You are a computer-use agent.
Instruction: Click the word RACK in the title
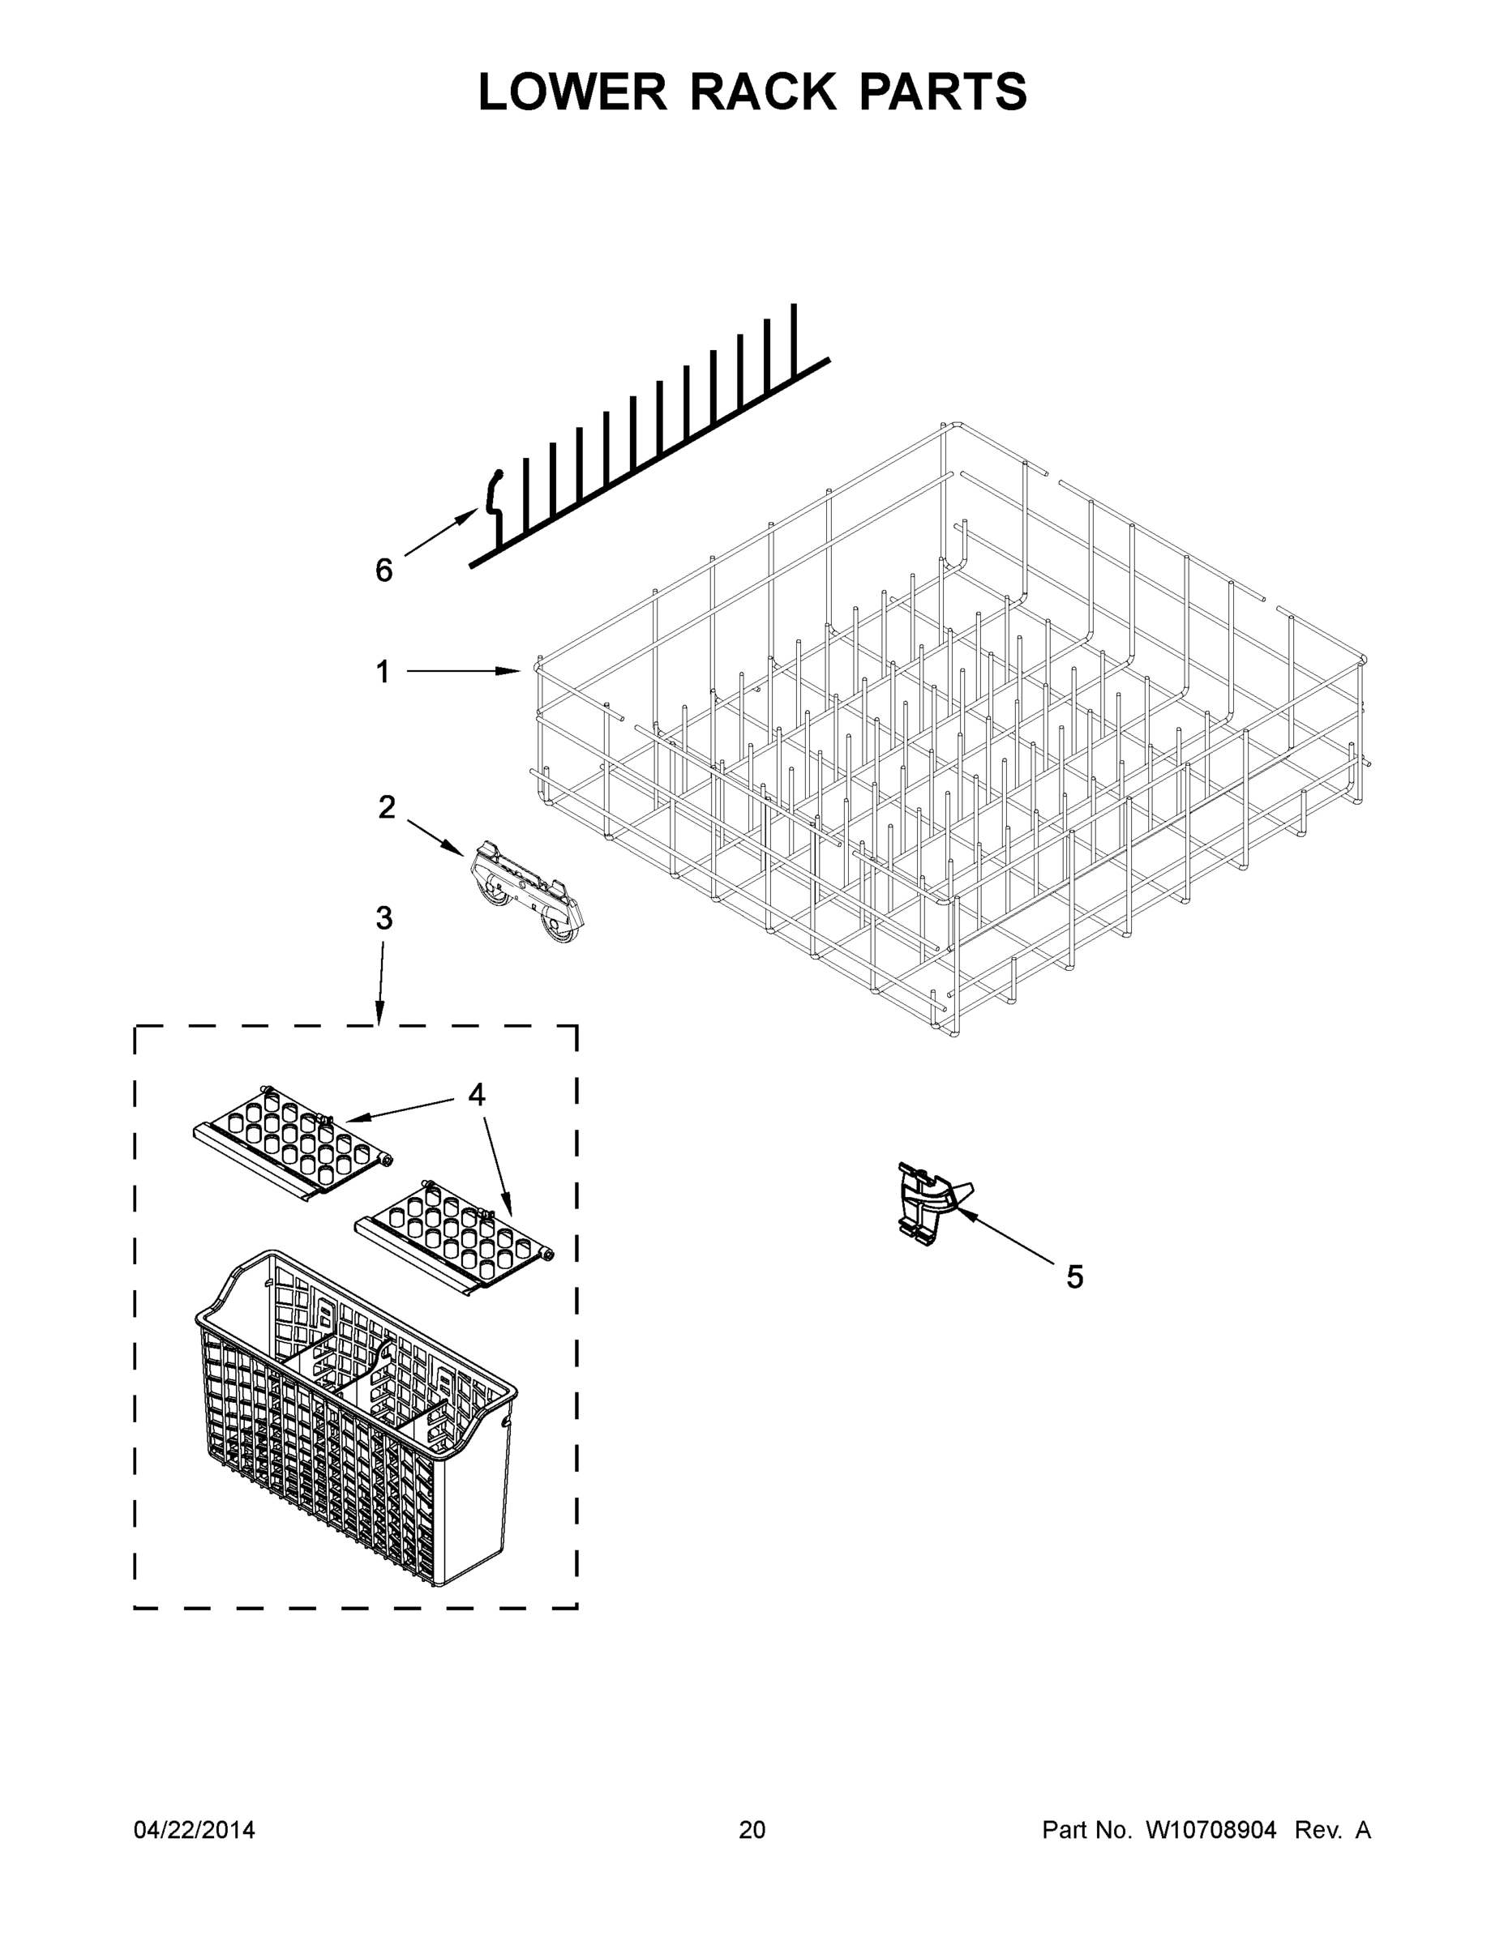coord(763,92)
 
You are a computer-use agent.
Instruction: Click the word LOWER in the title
coord(572,92)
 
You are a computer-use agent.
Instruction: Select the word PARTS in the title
coord(943,92)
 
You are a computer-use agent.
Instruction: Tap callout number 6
coord(383,571)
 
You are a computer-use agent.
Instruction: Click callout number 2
coord(386,808)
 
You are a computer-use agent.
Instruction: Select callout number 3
coord(383,918)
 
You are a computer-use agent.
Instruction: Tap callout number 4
coord(477,1096)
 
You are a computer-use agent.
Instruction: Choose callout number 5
coord(1074,1277)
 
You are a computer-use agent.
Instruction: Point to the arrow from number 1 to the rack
coord(463,673)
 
